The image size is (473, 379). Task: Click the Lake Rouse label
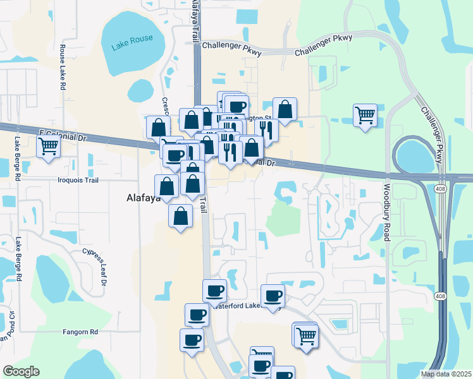[x=132, y=42]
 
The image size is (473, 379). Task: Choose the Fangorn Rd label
[x=80, y=331]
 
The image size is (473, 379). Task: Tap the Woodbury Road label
[x=385, y=212]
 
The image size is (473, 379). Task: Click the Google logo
[x=21, y=371]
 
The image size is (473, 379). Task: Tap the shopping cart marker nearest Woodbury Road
[x=365, y=116]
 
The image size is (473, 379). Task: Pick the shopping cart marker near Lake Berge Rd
[x=49, y=147]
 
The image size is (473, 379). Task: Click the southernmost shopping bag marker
[x=181, y=215]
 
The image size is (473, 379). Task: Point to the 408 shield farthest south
[x=441, y=296]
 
